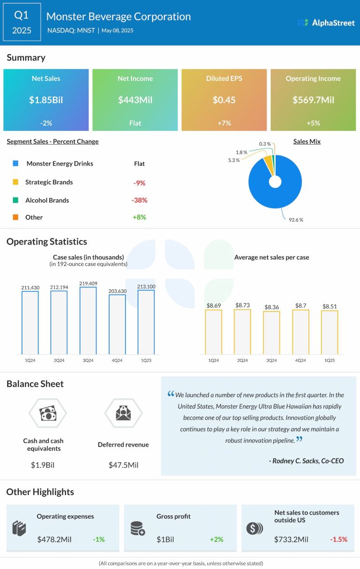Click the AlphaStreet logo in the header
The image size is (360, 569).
click(x=326, y=23)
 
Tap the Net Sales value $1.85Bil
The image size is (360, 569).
click(x=46, y=99)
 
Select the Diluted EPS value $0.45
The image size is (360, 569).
click(x=224, y=99)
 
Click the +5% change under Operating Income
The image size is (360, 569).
click(x=313, y=123)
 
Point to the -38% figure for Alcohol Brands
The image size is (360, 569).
click(x=139, y=200)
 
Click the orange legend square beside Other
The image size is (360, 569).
click(x=16, y=218)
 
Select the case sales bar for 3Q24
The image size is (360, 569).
click(x=88, y=321)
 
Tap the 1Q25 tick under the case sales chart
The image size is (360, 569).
click(x=146, y=360)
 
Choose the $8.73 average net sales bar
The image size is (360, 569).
click(x=242, y=332)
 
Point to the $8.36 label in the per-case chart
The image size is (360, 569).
click(x=271, y=307)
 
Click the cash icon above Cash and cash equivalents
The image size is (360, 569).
click(x=47, y=413)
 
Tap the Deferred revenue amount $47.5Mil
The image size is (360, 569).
click(x=123, y=465)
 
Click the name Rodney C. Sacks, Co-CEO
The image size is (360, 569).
click(x=306, y=461)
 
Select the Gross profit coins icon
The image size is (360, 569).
click(x=137, y=529)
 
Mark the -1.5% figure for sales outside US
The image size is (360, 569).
click(x=339, y=539)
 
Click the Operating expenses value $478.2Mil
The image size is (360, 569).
click(x=58, y=539)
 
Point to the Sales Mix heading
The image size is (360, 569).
click(x=307, y=141)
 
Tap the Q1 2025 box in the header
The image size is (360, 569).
click(x=22, y=23)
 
